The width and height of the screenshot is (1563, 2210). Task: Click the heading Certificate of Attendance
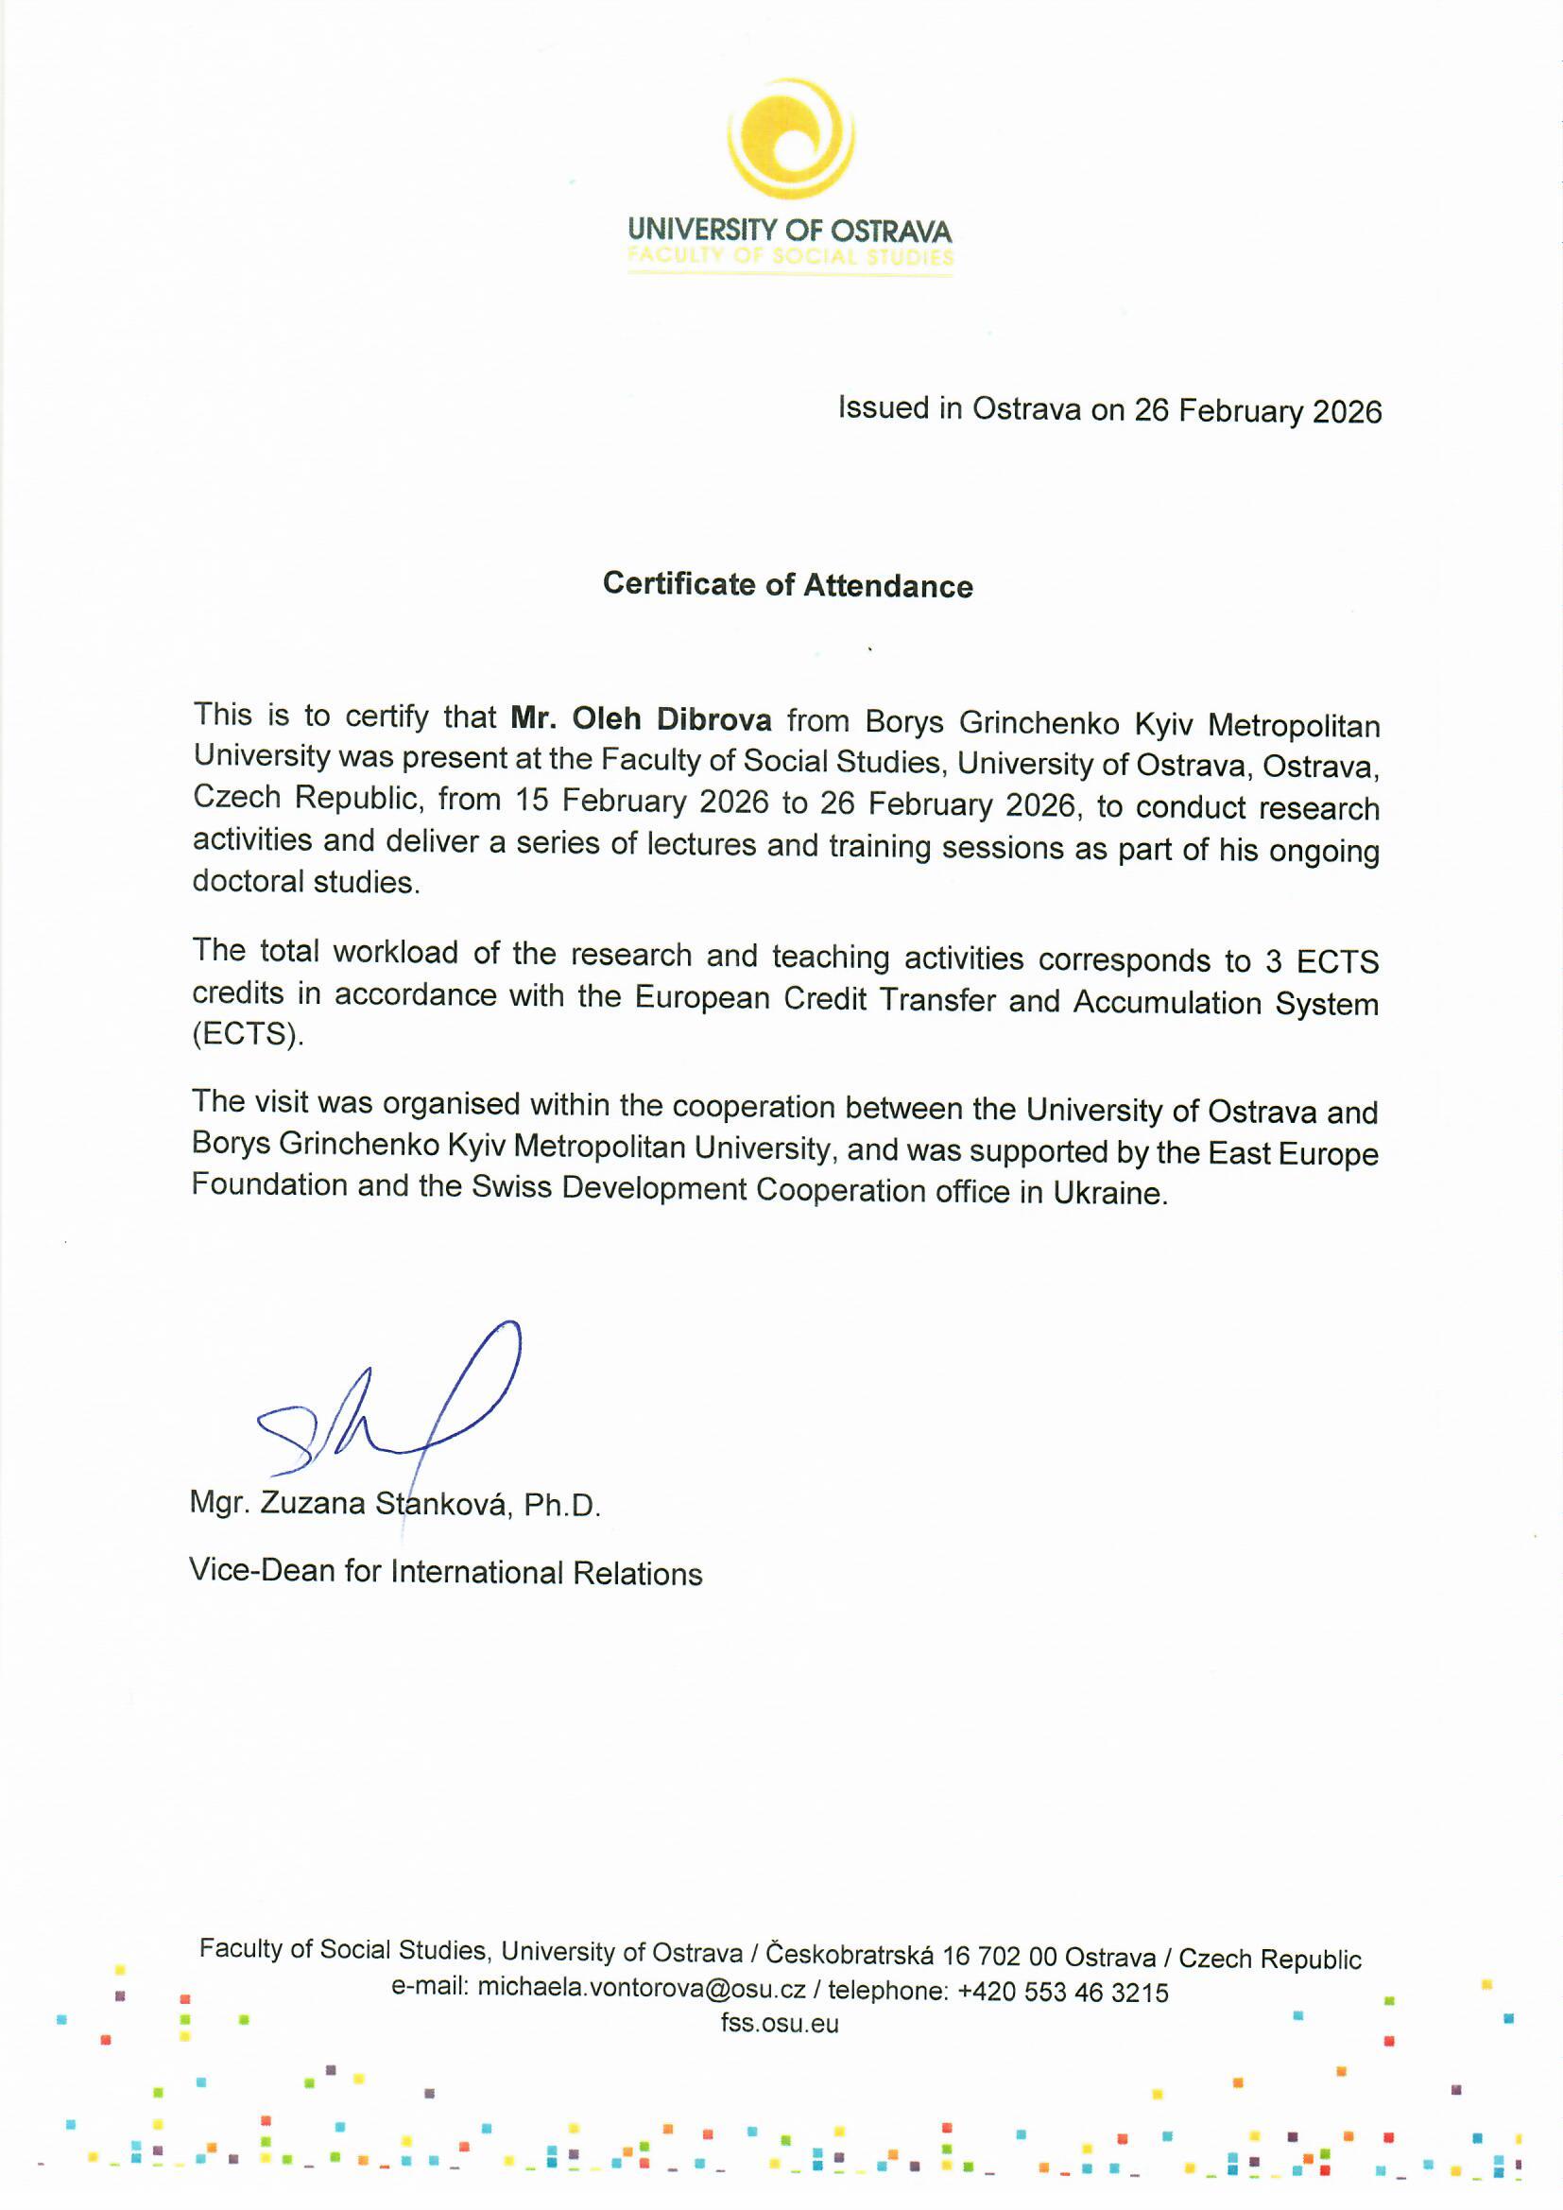coord(787,585)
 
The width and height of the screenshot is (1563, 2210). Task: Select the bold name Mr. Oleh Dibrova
coord(641,719)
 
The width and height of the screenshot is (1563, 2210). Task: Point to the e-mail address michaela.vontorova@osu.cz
coord(641,1989)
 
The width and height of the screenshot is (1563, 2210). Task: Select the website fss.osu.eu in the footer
coord(780,2023)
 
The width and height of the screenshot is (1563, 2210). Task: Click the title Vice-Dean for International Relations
coord(446,1572)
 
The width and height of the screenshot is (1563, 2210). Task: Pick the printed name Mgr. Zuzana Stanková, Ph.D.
coord(395,1504)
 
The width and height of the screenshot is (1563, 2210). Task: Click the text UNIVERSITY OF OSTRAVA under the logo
coord(789,231)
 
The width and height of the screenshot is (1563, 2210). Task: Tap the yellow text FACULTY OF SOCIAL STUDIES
coord(789,257)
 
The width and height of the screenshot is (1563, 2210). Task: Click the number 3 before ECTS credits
coord(1273,961)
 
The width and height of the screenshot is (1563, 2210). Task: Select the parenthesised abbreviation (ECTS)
coord(248,1035)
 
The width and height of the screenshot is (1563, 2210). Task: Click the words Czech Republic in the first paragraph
coord(307,798)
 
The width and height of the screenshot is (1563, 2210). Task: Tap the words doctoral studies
coord(305,882)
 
